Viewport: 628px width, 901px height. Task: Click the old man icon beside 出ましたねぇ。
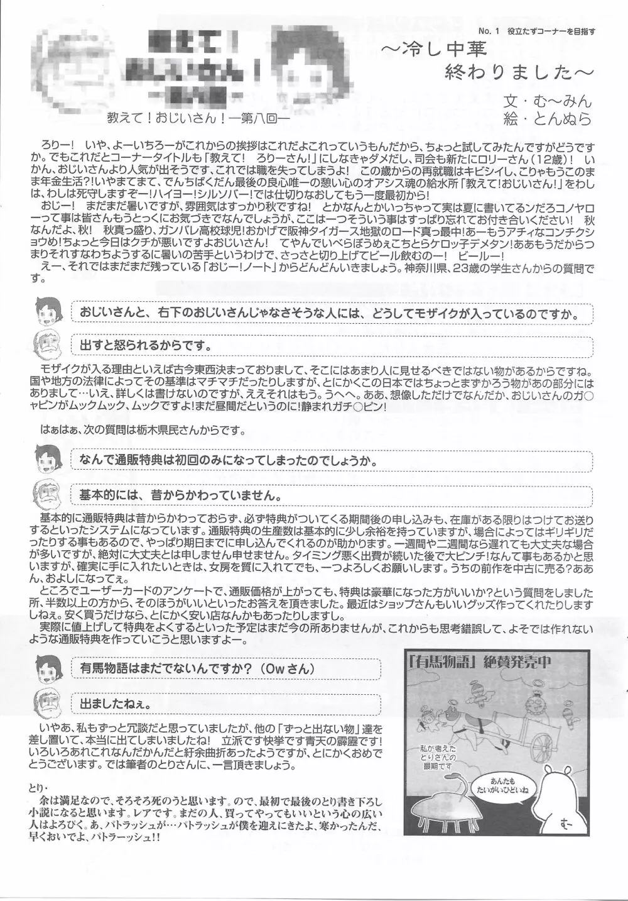48,700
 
